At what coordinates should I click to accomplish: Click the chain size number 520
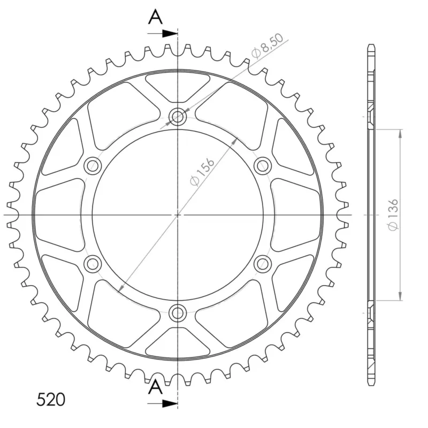(x=51, y=400)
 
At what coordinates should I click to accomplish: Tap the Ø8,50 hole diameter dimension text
(x=268, y=46)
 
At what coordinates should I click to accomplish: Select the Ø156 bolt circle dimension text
(x=202, y=172)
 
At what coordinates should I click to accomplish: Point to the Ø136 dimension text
(x=393, y=215)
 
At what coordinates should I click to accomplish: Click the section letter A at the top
(x=155, y=17)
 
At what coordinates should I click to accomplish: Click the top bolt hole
(x=178, y=117)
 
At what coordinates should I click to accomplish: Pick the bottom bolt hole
(x=178, y=313)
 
